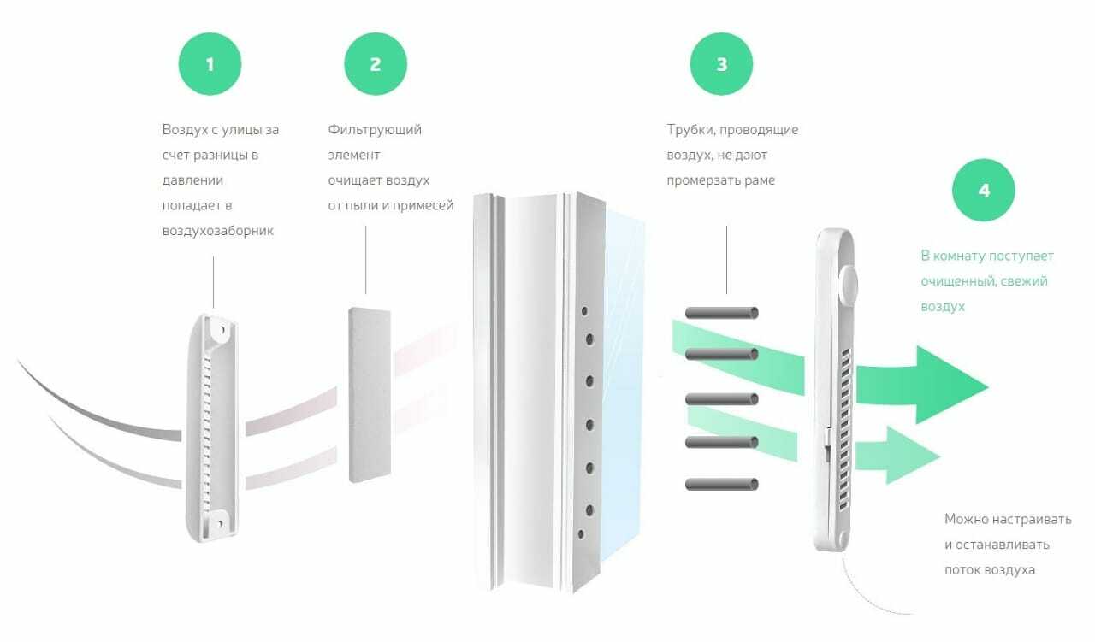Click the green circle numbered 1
(x=210, y=64)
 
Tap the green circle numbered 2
(x=376, y=64)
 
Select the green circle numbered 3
(x=721, y=64)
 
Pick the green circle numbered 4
(x=984, y=190)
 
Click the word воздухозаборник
(x=218, y=231)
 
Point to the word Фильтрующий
(x=375, y=130)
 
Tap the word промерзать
(x=703, y=180)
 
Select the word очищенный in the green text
(x=957, y=281)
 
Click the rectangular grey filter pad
(x=370, y=395)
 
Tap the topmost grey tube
(x=721, y=313)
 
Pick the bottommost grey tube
(x=721, y=484)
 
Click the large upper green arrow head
(x=949, y=385)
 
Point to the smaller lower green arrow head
(x=911, y=456)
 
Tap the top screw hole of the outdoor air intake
(x=222, y=330)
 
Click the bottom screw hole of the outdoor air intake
(x=220, y=524)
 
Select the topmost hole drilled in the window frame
(x=584, y=310)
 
